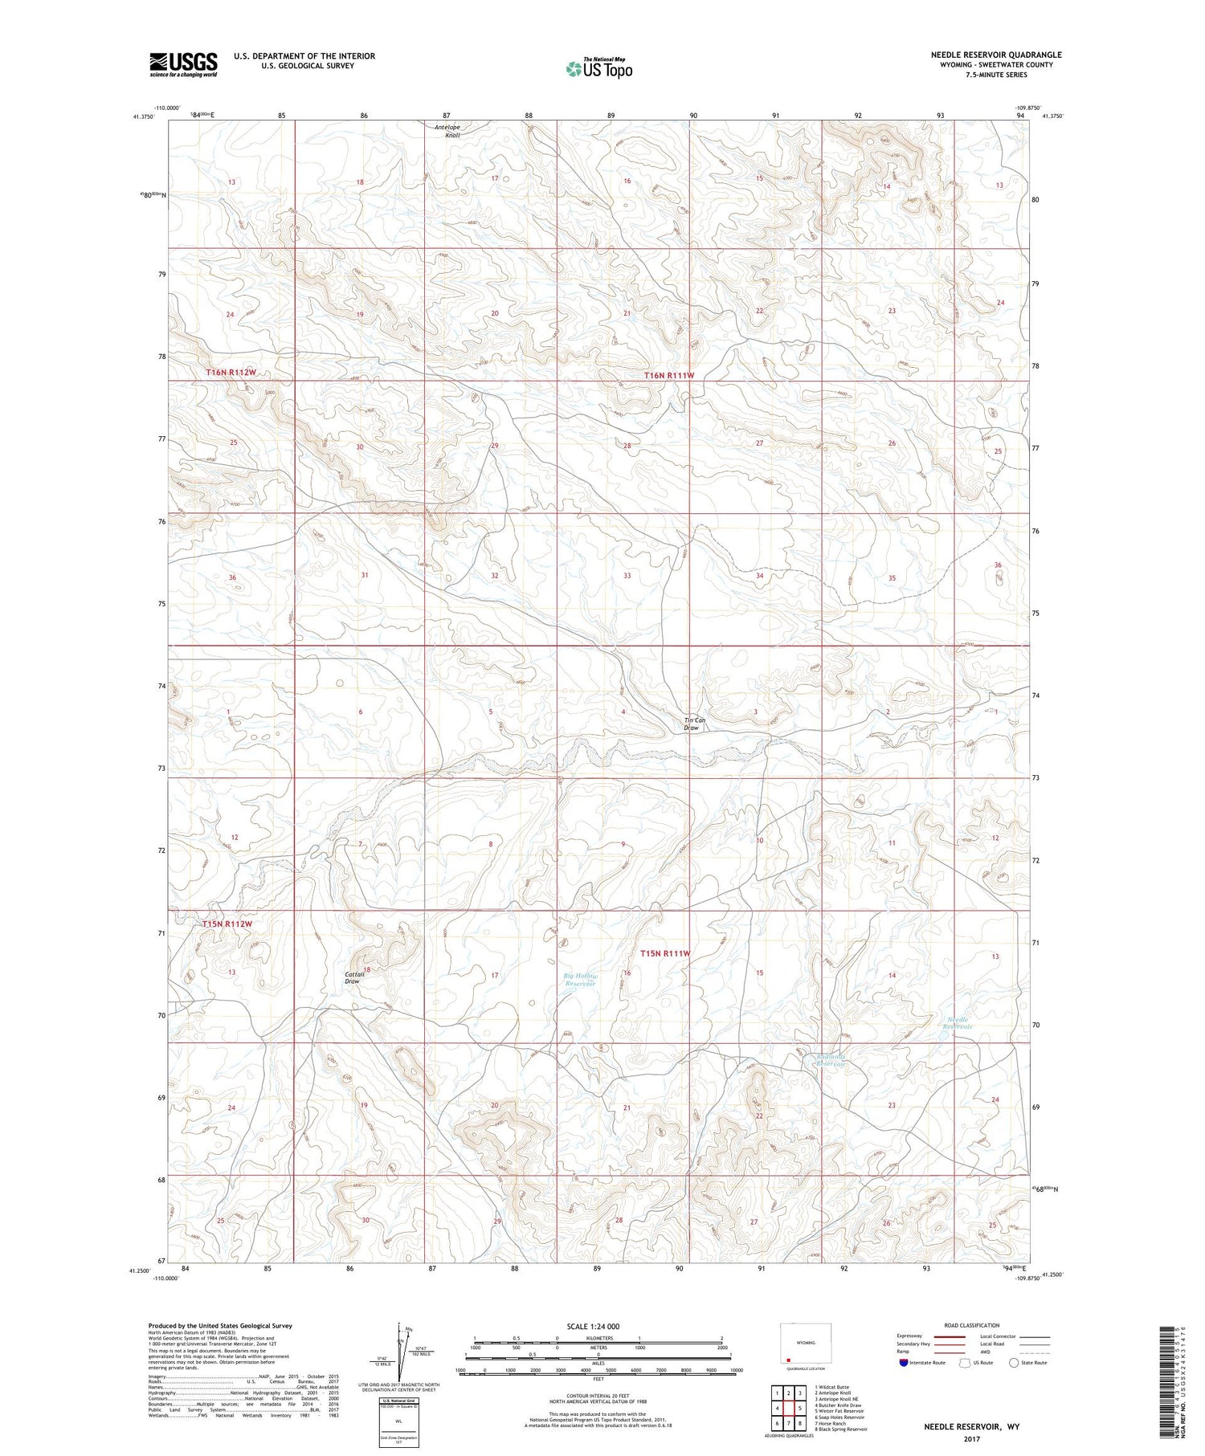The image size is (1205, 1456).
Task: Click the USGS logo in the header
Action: pyautogui.click(x=183, y=64)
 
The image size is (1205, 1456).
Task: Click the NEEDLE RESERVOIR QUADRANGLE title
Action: pyautogui.click(x=996, y=55)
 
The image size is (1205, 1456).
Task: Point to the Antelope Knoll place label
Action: pyautogui.click(x=447, y=131)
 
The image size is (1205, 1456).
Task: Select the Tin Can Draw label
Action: pyautogui.click(x=695, y=724)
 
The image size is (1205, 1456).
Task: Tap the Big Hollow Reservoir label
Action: pyautogui.click(x=579, y=979)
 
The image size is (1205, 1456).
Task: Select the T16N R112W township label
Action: pyautogui.click(x=231, y=373)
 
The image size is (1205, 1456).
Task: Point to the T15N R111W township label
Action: pyautogui.click(x=665, y=953)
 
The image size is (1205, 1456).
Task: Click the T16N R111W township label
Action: pyautogui.click(x=668, y=375)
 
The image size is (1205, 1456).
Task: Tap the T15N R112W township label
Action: pyautogui.click(x=227, y=924)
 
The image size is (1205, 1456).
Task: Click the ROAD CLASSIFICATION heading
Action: pyautogui.click(x=972, y=1325)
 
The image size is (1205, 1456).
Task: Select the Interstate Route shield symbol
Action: pyautogui.click(x=905, y=1363)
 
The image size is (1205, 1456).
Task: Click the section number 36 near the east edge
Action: pyautogui.click(x=998, y=565)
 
